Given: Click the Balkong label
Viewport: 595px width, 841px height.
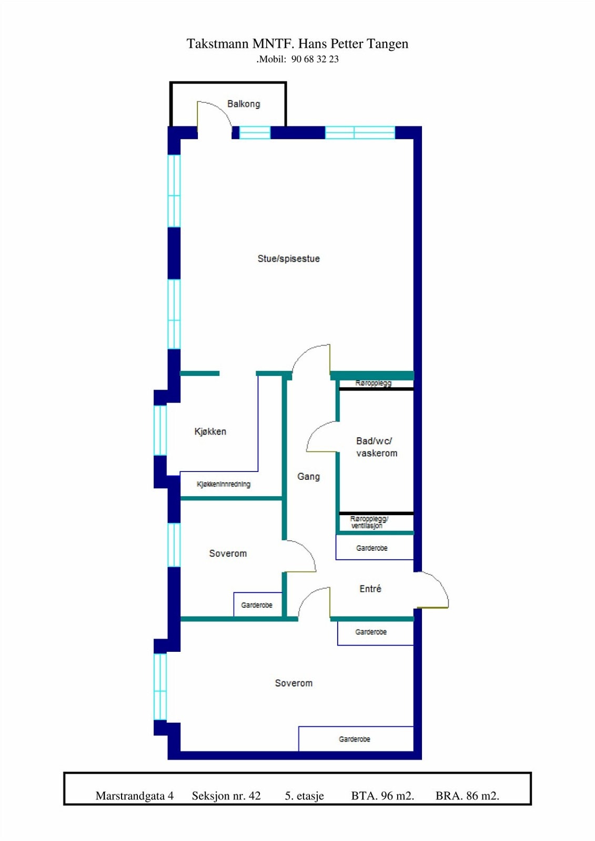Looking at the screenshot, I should pyautogui.click(x=244, y=104).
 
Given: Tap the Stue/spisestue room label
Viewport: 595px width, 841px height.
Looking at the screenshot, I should pyautogui.click(x=288, y=259).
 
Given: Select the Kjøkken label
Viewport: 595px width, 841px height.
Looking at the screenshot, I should pyautogui.click(x=210, y=432).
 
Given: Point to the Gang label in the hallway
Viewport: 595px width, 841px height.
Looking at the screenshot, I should pyautogui.click(x=308, y=476).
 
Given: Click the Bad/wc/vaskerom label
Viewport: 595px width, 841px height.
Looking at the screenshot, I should pyautogui.click(x=377, y=447).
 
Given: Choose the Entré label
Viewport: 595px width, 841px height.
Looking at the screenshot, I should pyautogui.click(x=370, y=589).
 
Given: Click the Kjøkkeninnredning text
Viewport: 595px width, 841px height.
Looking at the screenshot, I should pyautogui.click(x=224, y=484).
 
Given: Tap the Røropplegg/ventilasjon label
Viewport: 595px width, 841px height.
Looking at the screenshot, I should pyautogui.click(x=369, y=522).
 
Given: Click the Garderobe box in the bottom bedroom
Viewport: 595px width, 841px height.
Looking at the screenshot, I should pyautogui.click(x=356, y=739).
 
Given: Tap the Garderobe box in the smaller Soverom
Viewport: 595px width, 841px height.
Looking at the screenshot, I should pyautogui.click(x=257, y=605).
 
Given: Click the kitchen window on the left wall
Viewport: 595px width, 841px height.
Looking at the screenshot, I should pyautogui.click(x=160, y=430).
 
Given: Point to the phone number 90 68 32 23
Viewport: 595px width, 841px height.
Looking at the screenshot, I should pyautogui.click(x=315, y=59).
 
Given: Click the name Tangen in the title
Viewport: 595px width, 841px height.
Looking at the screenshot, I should pyautogui.click(x=388, y=44).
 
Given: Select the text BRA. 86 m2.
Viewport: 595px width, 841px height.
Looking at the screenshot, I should pyautogui.click(x=467, y=796).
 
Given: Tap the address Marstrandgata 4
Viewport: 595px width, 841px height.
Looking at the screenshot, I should pyautogui.click(x=135, y=796).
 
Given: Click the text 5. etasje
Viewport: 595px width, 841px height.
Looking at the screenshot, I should pyautogui.click(x=305, y=796).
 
